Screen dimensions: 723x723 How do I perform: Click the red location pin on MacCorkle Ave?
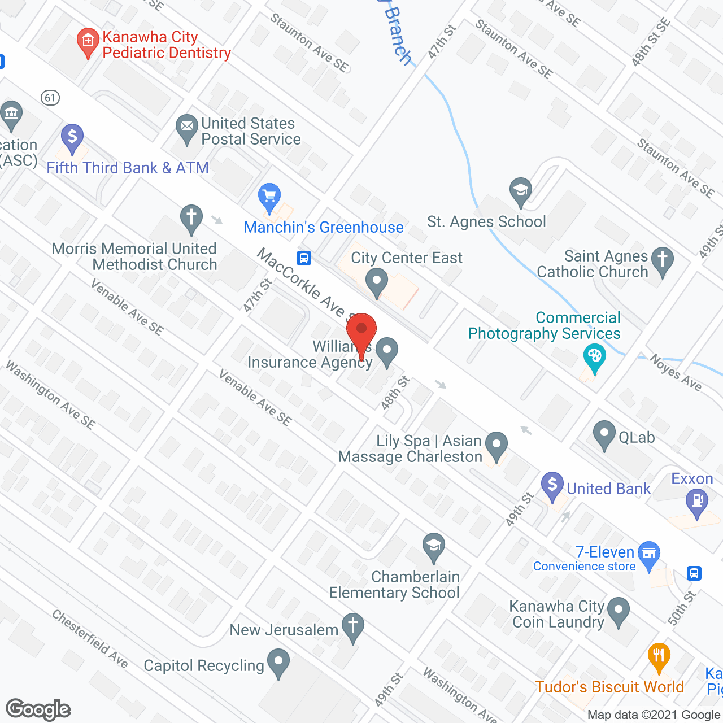click(361, 330)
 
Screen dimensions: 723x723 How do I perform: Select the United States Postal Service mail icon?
click(186, 128)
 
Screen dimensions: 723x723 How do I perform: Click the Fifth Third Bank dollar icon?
click(72, 137)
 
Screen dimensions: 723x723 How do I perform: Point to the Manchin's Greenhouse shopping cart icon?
click(269, 197)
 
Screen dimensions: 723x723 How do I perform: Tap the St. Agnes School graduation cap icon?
click(520, 190)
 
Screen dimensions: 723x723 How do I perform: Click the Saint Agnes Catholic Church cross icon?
click(663, 260)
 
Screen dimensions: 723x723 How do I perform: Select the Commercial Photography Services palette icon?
click(594, 357)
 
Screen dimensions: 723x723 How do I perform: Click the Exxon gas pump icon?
click(697, 501)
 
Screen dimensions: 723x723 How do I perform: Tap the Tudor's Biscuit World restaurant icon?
click(659, 656)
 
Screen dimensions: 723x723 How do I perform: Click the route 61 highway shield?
click(50, 98)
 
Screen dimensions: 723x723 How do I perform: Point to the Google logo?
click(38, 709)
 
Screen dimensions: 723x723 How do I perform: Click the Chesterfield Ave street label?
click(90, 638)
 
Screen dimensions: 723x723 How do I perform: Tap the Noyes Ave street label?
click(676, 373)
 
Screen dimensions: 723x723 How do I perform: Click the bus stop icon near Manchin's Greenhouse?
click(304, 258)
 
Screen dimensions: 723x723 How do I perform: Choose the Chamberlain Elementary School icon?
click(433, 546)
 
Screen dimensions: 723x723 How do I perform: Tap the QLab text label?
click(637, 437)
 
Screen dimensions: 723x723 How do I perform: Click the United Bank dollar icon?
click(552, 485)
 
